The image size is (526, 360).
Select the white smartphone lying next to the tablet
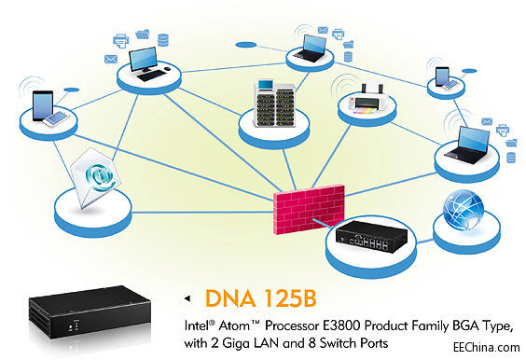coord(58,118)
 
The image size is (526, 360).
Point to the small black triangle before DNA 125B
coord(190,298)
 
